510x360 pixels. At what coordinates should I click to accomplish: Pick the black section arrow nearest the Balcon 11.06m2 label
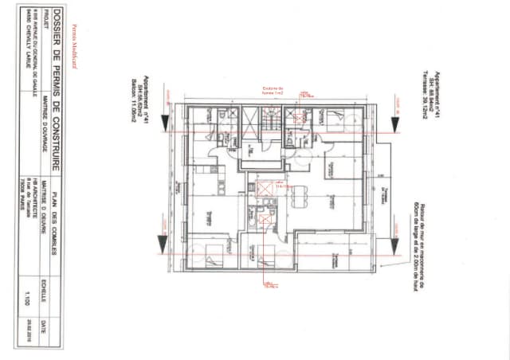click(x=164, y=121)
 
